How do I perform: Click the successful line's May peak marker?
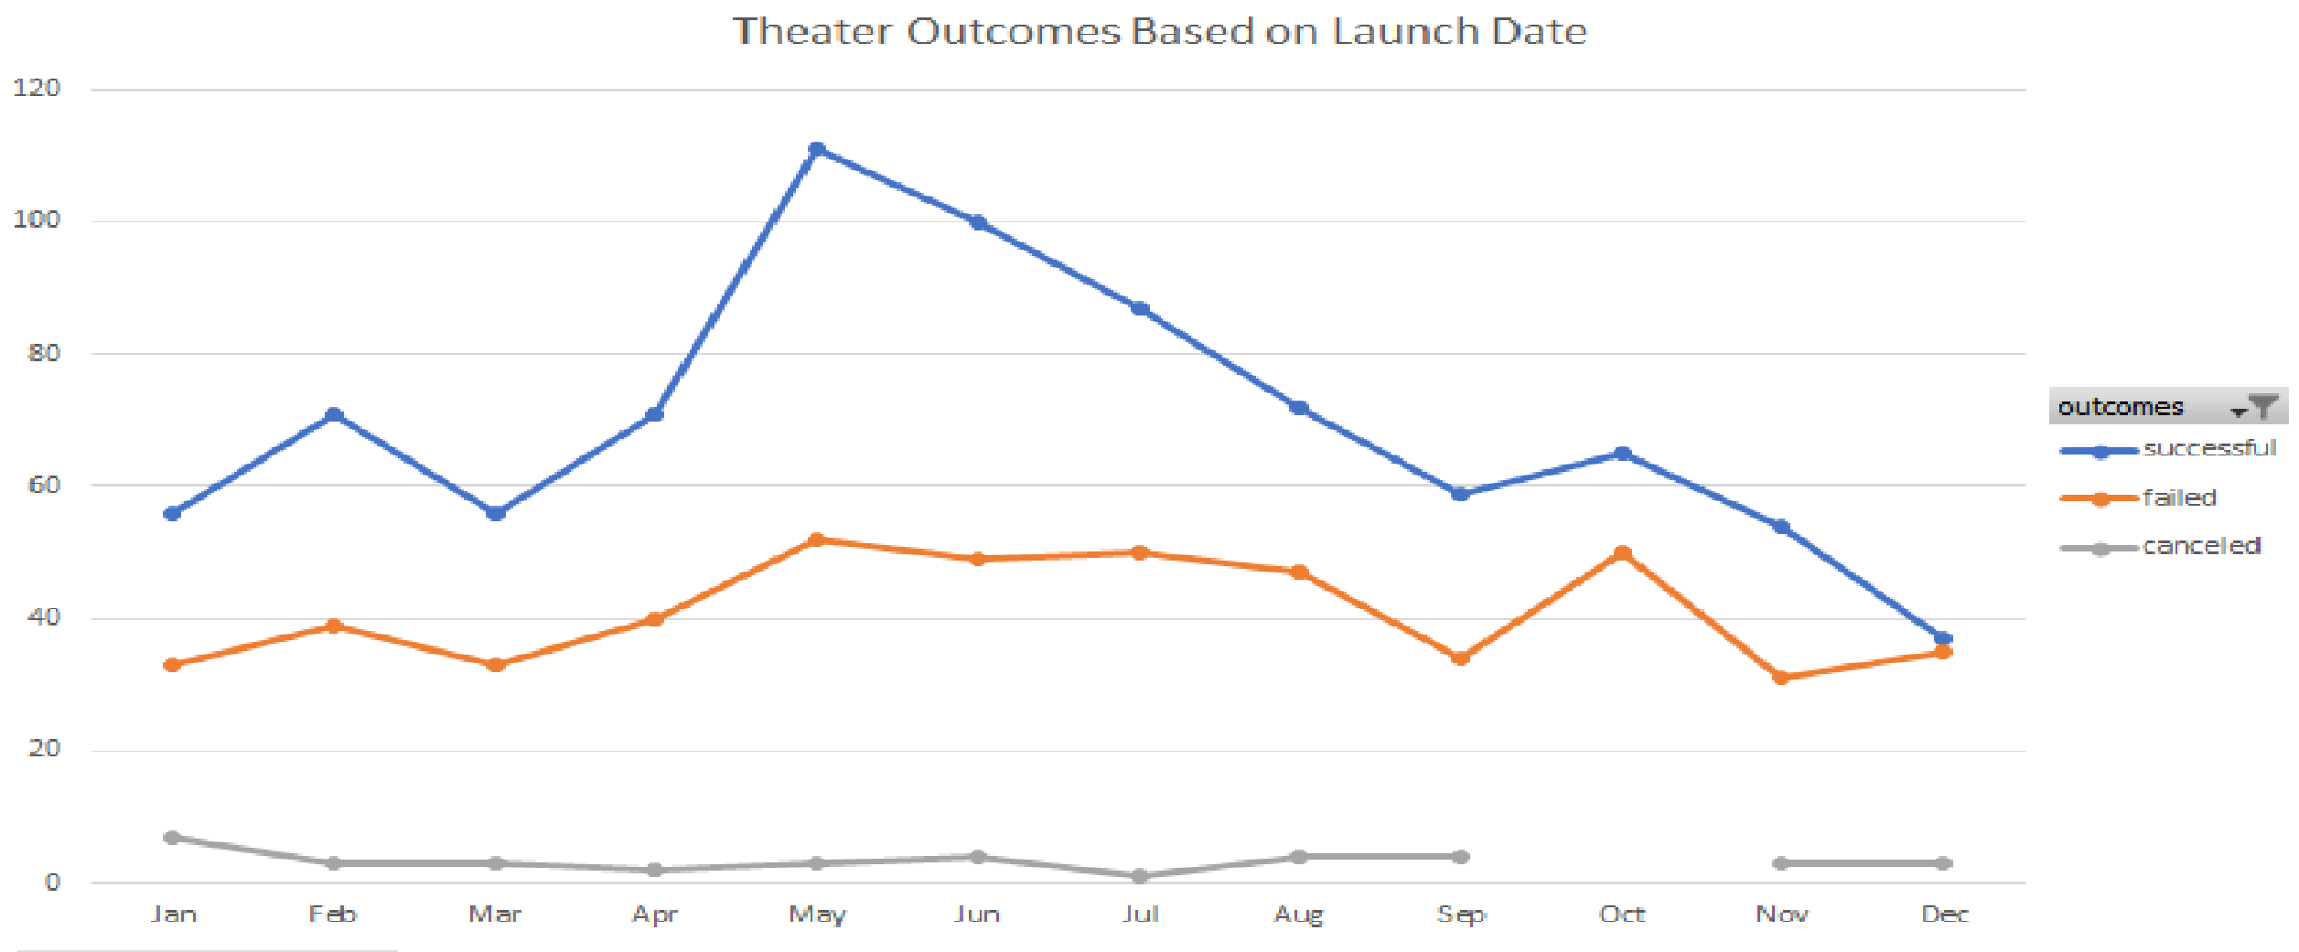817,149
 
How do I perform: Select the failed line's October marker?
1622,553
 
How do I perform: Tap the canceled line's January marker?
171,837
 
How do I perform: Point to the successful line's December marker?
1943,638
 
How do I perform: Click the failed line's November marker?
1780,678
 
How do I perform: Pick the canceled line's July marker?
1139,876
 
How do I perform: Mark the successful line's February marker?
334,415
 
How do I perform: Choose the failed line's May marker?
817,540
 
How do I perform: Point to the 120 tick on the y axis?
37,88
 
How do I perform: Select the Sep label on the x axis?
1461,914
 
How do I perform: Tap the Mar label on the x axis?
495,914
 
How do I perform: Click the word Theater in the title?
812,31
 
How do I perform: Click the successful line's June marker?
978,222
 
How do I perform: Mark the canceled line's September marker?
1461,857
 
